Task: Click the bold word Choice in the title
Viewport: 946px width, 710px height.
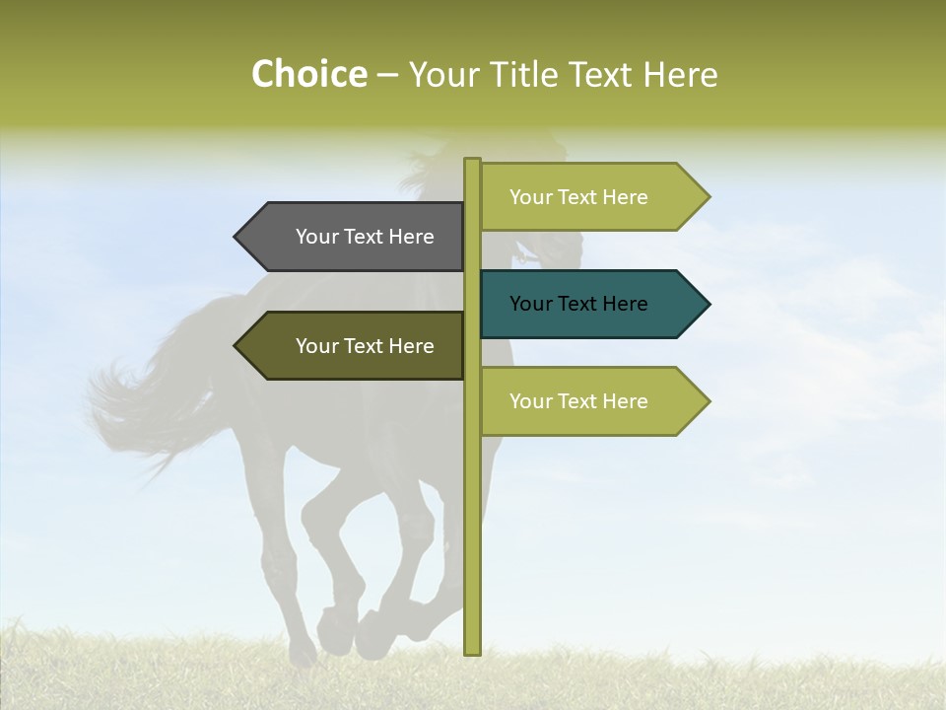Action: [x=308, y=75]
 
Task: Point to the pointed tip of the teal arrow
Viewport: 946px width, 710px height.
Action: [x=708, y=304]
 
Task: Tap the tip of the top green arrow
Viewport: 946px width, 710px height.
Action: [x=708, y=197]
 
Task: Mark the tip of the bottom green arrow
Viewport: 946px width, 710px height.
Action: [x=708, y=401]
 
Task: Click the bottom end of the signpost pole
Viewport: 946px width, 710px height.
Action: [x=472, y=651]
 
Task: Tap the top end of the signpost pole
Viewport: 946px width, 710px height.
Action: [x=472, y=161]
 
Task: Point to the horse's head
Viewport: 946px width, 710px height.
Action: [x=552, y=237]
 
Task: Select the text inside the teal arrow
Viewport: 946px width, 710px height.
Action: [x=578, y=304]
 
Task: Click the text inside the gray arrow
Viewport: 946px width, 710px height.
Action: [x=365, y=237]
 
